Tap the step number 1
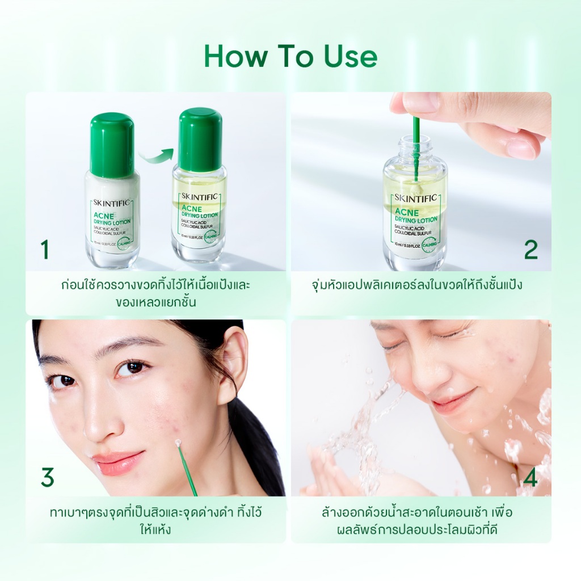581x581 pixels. click(x=44, y=250)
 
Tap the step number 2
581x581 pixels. click(x=531, y=250)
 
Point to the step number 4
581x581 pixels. click(x=531, y=478)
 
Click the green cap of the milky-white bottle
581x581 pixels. click(x=112, y=145)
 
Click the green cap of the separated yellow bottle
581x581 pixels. click(x=200, y=140)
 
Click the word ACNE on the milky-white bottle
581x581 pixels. click(x=102, y=216)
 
